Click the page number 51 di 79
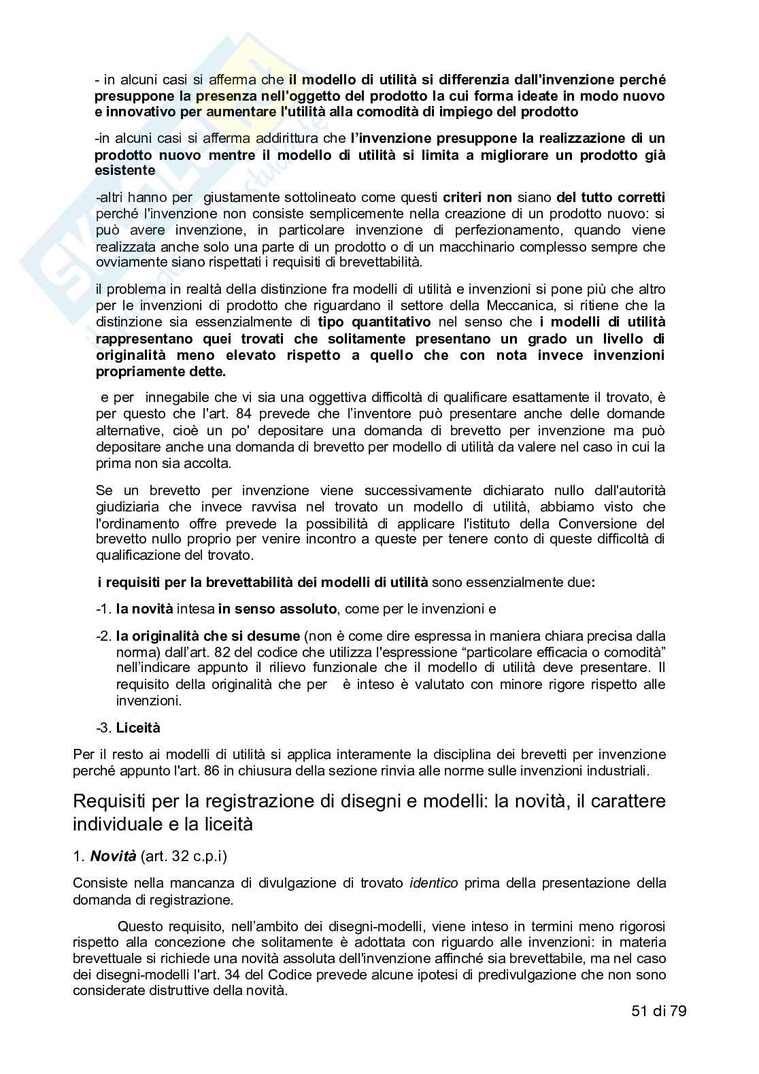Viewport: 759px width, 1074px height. pos(658,1011)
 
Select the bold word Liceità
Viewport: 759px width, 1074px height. pos(138,728)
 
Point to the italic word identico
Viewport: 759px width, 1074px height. pos(434,884)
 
